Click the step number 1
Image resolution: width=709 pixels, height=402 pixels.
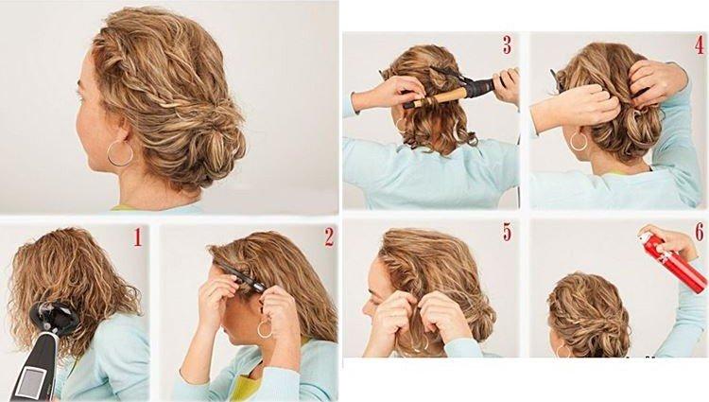(x=137, y=237)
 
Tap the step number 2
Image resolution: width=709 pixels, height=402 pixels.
(x=329, y=237)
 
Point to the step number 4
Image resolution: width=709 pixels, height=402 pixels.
(x=698, y=44)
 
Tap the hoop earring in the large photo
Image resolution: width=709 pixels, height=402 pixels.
(x=120, y=154)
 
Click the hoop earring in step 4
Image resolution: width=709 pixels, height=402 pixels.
(x=579, y=142)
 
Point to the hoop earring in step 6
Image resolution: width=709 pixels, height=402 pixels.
(x=562, y=351)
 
